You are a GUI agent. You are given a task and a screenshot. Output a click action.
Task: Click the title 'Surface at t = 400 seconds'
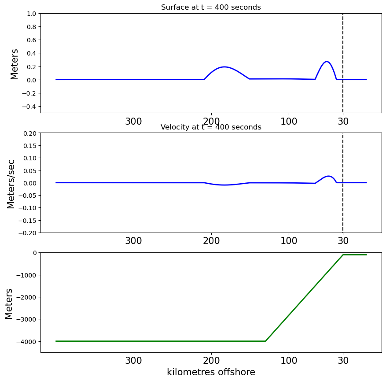[211, 7]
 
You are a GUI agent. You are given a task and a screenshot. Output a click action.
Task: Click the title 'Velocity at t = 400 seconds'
[211, 127]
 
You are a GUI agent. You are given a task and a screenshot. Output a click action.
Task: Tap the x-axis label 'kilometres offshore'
[211, 372]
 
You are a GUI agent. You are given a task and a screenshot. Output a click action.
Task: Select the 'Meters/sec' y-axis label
[11, 184]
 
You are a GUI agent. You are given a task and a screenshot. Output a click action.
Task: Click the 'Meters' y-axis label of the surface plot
[14, 64]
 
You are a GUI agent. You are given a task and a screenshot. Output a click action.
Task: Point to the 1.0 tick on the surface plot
[32, 14]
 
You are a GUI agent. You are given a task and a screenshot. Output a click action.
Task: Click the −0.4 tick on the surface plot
[29, 107]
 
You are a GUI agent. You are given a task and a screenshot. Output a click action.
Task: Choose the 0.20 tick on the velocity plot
[30, 133]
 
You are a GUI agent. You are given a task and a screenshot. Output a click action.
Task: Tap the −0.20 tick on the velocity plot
[27, 233]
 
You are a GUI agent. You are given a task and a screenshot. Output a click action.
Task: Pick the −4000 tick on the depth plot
[26, 342]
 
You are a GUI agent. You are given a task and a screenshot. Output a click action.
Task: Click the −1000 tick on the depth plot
[26, 275]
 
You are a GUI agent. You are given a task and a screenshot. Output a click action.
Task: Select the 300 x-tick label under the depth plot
[134, 361]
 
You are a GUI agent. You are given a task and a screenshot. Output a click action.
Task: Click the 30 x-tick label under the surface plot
[343, 121]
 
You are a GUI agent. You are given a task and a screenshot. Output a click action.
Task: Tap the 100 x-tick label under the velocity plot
[289, 240]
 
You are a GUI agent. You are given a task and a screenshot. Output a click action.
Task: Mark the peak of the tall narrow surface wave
[327, 61]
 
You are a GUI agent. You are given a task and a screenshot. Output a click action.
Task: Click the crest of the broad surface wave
[224, 67]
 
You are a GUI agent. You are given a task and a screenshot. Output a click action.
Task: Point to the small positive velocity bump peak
[329, 176]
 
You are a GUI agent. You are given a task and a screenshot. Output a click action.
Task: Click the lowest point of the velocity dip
[224, 185]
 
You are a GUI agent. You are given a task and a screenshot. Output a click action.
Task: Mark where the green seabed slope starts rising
[265, 341]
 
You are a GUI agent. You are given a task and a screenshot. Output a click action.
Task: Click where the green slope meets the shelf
[343, 255]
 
